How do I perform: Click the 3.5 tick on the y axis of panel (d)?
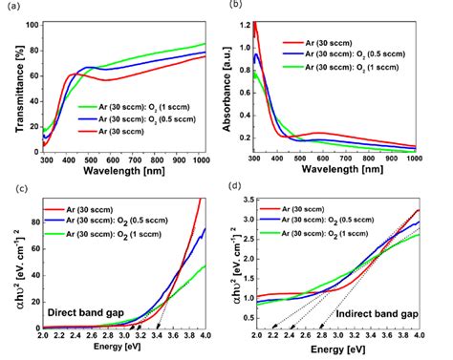[x=248, y=202]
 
